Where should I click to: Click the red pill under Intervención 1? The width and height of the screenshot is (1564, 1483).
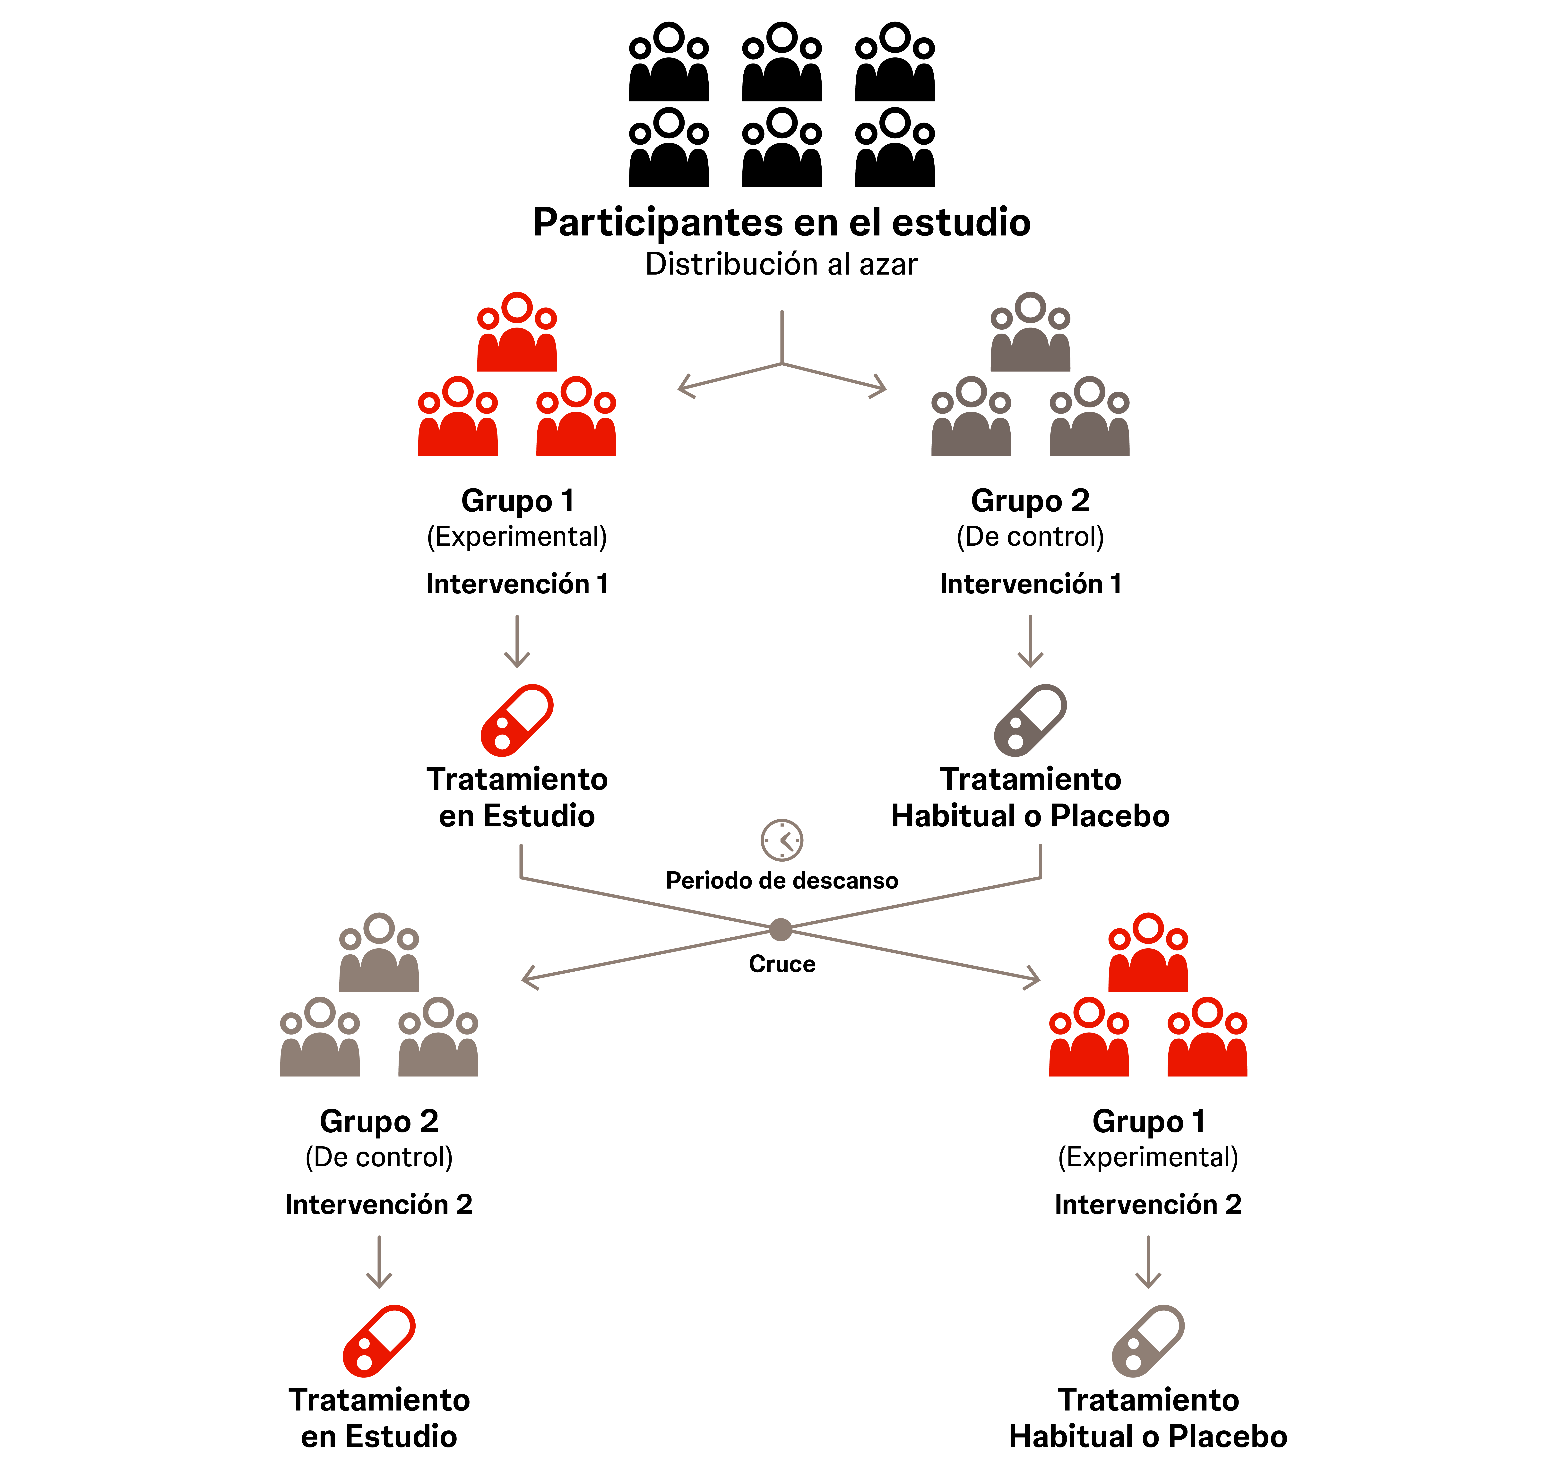pos(517,720)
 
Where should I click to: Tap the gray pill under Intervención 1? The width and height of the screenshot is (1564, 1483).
pos(1030,720)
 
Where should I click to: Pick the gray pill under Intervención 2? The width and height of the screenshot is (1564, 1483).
pos(1148,1341)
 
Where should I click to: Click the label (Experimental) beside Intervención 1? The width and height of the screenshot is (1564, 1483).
pos(517,537)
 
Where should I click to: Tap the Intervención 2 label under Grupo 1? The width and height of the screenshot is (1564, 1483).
pos(1148,1204)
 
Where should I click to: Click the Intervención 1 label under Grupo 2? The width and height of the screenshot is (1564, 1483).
pos(1030,583)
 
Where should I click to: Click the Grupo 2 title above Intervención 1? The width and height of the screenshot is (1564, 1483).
pos(1030,500)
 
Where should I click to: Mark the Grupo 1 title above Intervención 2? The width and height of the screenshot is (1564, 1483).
pos(1148,1121)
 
